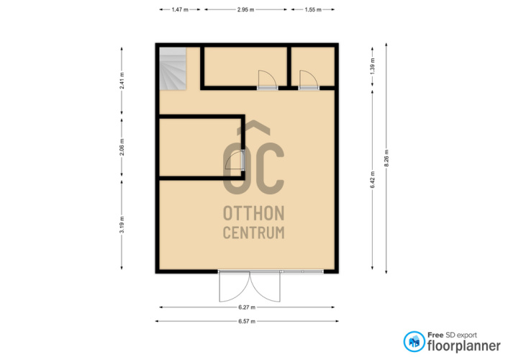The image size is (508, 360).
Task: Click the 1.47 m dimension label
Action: [x=180, y=10]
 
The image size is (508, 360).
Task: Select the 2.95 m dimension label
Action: [x=245, y=10]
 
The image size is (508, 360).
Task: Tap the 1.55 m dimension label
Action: [x=312, y=10]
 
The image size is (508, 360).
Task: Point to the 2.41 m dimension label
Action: [x=122, y=81]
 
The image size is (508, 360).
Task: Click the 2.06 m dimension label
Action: [x=122, y=148]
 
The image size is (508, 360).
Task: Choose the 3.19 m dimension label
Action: [x=122, y=225]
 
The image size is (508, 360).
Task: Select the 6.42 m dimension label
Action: [x=372, y=180]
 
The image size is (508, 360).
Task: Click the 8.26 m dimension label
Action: [x=386, y=158]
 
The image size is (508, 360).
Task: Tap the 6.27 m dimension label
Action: [x=247, y=307]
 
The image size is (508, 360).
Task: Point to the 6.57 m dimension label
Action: [x=247, y=321]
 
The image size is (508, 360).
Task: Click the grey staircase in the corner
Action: [x=173, y=68]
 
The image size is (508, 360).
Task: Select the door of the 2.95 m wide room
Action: [x=267, y=80]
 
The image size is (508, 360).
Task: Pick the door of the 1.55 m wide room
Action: [x=309, y=80]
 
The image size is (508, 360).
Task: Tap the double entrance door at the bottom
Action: [x=250, y=287]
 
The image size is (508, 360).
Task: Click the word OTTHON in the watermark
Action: [x=254, y=213]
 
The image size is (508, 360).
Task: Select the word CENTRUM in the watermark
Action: [x=254, y=233]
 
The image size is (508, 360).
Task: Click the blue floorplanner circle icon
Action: [x=414, y=341]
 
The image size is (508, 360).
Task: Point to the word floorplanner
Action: [x=464, y=346]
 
